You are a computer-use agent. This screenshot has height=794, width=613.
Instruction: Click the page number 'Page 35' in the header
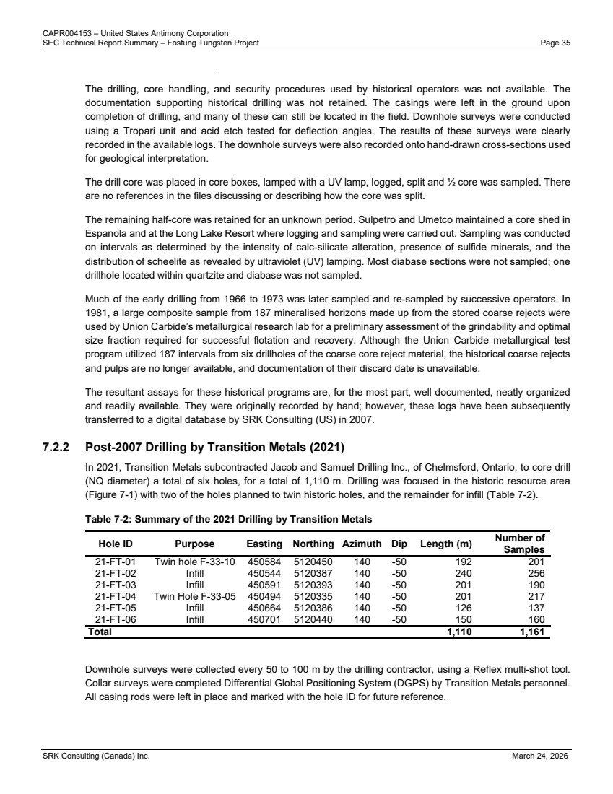[x=555, y=43]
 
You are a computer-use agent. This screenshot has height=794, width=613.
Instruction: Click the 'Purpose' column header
[x=195, y=543]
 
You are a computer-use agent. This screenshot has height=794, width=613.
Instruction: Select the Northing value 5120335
[x=313, y=596]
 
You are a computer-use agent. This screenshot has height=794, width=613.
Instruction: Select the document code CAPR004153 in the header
[x=65, y=34]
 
